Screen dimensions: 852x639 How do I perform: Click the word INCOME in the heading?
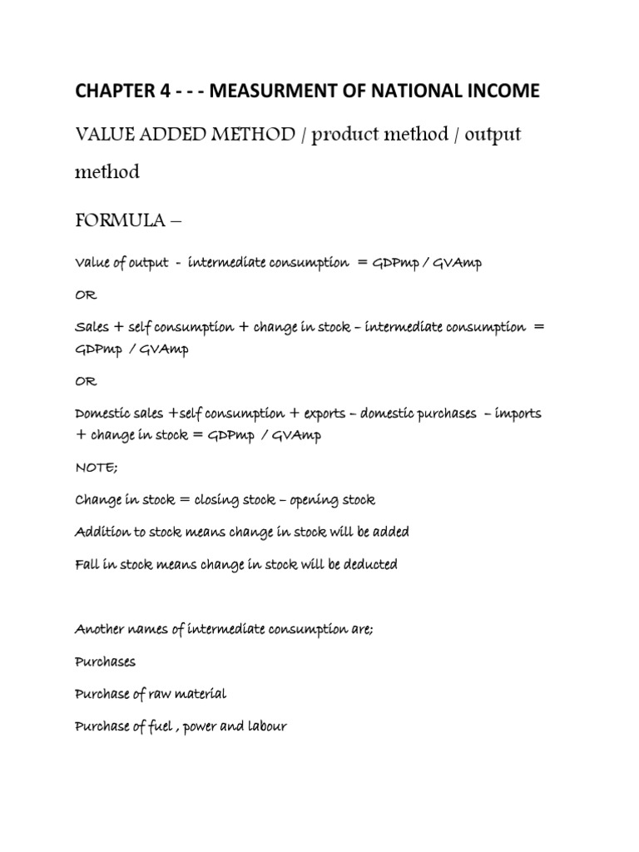(499, 91)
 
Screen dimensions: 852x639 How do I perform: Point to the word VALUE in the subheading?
(105, 135)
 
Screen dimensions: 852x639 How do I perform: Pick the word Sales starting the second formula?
(92, 327)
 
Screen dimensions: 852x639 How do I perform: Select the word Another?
(101, 631)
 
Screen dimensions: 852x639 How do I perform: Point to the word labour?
(264, 726)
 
